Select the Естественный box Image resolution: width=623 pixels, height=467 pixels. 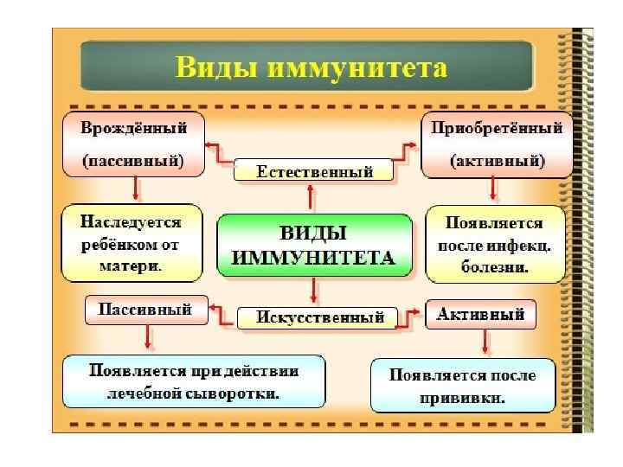[314, 171]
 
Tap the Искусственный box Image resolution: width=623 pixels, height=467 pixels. [319, 317]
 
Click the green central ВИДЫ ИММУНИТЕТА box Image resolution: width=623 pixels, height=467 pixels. [314, 246]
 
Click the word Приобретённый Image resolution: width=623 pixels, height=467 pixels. [496, 128]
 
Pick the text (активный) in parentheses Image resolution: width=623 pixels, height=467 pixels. [496, 162]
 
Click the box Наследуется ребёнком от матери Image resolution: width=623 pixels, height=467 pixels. [131, 243]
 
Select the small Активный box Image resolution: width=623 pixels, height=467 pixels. [480, 314]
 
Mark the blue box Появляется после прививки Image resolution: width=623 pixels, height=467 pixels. [462, 386]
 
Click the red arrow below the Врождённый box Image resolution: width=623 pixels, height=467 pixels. [134, 188]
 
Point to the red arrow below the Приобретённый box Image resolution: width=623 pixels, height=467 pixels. [493, 189]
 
